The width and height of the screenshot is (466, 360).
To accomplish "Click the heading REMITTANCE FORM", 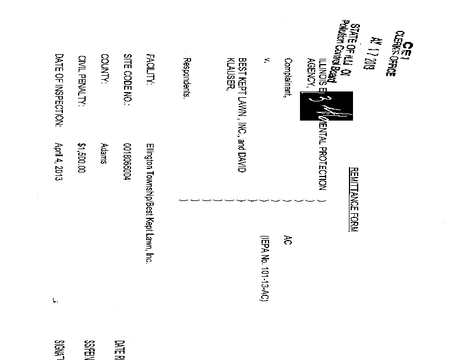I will pos(352,199).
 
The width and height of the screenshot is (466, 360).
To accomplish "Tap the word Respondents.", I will pos(186,84).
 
